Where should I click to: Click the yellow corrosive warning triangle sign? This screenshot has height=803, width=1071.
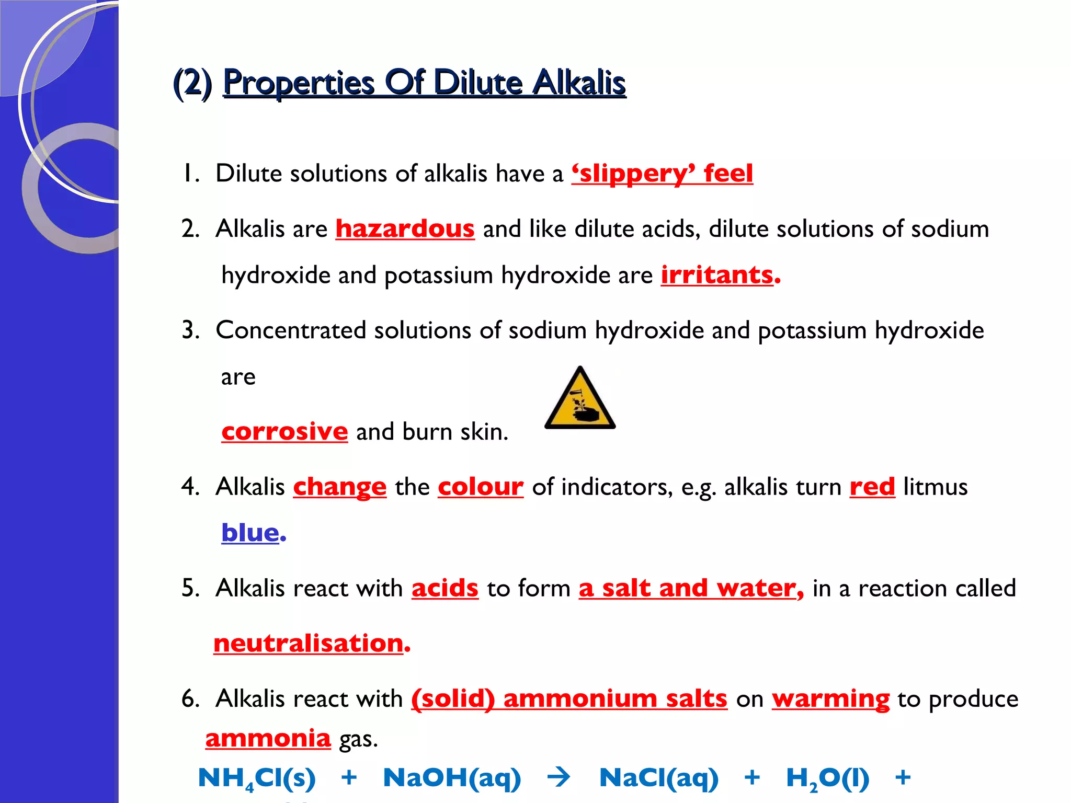[x=579, y=400]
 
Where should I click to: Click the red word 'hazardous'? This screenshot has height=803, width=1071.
[x=405, y=229]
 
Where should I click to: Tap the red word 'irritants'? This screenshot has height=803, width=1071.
[x=717, y=275]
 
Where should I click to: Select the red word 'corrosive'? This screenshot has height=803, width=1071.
[x=284, y=432]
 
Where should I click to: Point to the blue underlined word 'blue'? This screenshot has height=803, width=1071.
[x=250, y=533]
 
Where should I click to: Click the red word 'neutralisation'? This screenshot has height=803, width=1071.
[x=309, y=643]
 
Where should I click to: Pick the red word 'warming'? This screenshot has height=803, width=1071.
[x=830, y=699]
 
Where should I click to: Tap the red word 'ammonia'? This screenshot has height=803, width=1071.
[x=268, y=739]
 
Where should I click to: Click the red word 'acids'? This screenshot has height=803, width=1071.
[x=445, y=589]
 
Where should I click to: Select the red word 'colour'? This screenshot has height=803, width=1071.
[x=481, y=487]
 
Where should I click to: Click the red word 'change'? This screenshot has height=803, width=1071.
[x=339, y=487]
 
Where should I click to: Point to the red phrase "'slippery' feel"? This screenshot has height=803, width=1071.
[x=662, y=174]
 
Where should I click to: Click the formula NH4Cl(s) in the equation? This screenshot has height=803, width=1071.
[x=257, y=778]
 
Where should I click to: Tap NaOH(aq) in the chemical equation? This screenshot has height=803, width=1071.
[x=452, y=778]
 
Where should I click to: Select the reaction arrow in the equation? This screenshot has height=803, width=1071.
[x=559, y=777]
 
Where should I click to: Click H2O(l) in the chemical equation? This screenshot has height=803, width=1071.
[x=827, y=778]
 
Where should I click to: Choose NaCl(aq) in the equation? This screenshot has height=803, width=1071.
[x=659, y=778]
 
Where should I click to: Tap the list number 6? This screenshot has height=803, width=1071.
[x=189, y=699]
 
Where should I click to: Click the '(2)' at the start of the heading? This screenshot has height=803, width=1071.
[x=192, y=83]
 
